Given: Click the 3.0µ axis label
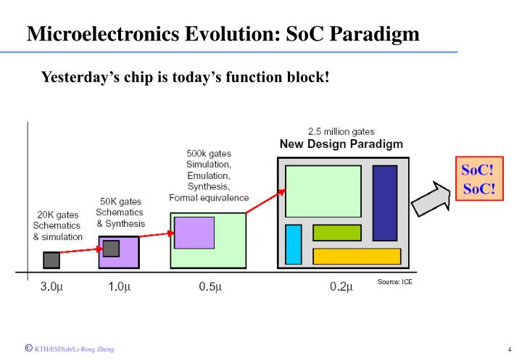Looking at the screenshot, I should pyautogui.click(x=51, y=286).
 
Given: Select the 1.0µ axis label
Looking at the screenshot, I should pyautogui.click(x=119, y=286).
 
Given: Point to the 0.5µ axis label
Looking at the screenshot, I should pyautogui.click(x=210, y=286).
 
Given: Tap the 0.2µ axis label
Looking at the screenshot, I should pyautogui.click(x=341, y=286).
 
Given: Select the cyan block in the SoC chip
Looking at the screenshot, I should pyautogui.click(x=293, y=244).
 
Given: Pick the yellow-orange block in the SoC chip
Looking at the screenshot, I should pyautogui.click(x=357, y=256).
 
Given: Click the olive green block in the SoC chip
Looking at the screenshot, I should pyautogui.click(x=336, y=233).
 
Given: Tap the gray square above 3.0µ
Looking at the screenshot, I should pyautogui.click(x=51, y=260).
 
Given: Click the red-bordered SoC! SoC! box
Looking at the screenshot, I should pyautogui.click(x=478, y=179).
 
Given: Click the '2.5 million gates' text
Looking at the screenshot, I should pyautogui.click(x=341, y=132).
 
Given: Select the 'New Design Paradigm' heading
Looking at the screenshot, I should pyautogui.click(x=341, y=144).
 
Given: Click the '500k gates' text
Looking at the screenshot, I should pyautogui.click(x=209, y=153).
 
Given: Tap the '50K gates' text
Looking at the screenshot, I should pyautogui.click(x=120, y=201).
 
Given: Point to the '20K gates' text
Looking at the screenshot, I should pyautogui.click(x=57, y=215).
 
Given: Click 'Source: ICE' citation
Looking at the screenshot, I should pyautogui.click(x=394, y=281).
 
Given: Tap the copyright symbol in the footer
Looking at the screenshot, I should pyautogui.click(x=28, y=348).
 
